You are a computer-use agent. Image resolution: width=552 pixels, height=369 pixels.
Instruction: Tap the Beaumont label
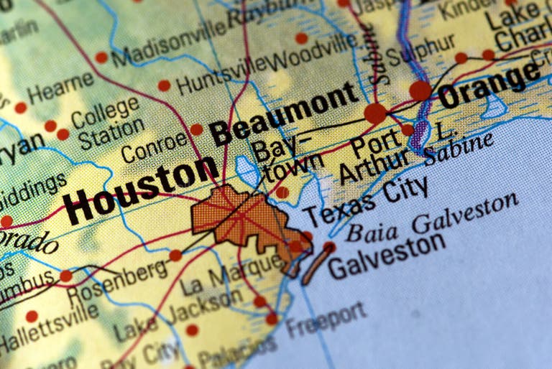(x=283, y=114)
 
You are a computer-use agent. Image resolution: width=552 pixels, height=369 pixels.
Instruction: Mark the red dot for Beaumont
(x=375, y=113)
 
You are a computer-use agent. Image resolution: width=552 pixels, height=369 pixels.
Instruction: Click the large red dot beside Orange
(x=420, y=90)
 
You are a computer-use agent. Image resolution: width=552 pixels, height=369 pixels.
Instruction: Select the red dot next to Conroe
(x=196, y=129)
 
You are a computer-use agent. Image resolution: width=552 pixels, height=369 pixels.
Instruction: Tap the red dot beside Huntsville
(x=165, y=85)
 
